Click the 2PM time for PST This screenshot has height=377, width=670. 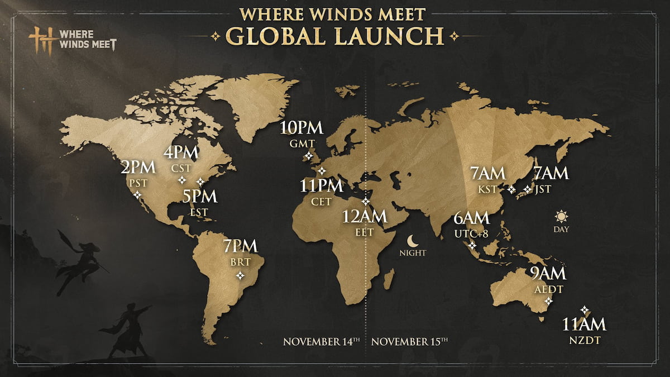point(138,168)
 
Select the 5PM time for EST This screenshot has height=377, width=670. point(200,197)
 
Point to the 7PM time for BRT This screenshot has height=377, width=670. point(240,246)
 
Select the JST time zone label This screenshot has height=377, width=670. point(542,189)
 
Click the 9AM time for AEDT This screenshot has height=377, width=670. point(548,274)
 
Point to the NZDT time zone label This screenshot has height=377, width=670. point(584,339)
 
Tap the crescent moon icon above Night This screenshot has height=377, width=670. point(413,241)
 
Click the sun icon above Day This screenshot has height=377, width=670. point(561,216)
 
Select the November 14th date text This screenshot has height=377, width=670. point(318,341)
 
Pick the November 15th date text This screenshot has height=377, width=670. point(409,341)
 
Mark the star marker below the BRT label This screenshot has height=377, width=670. point(240,275)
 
